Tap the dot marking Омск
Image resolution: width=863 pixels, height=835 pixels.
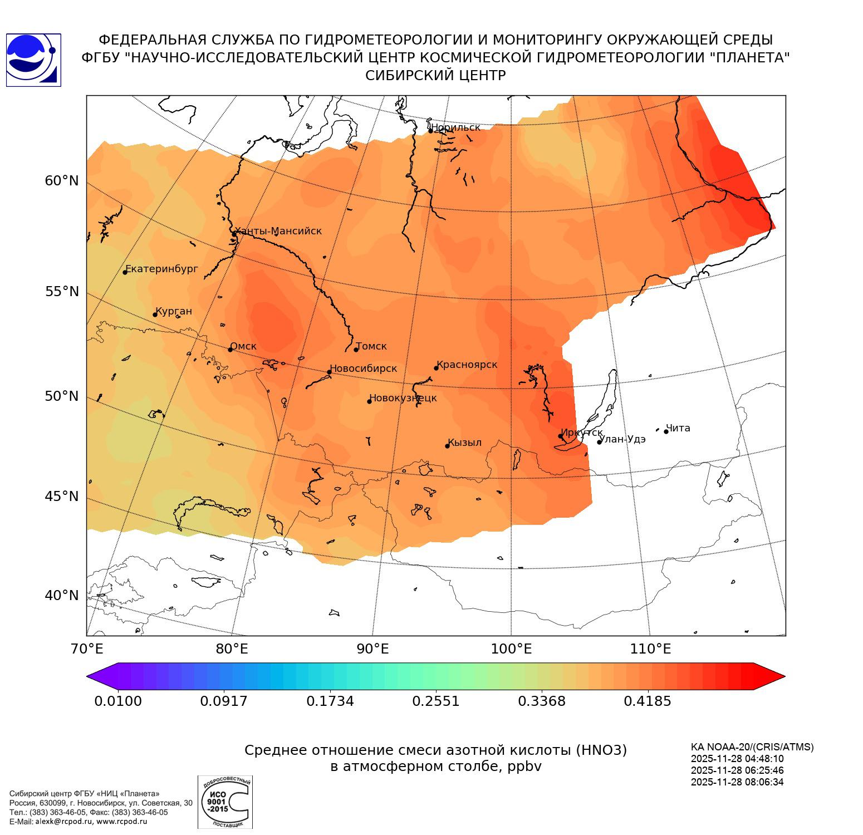tap(230, 350)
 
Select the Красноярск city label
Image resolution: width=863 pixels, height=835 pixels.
tap(467, 365)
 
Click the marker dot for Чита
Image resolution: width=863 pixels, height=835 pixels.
tap(666, 431)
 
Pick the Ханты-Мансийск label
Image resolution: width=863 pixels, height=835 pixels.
tap(278, 231)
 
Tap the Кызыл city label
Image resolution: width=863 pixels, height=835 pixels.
tap(465, 443)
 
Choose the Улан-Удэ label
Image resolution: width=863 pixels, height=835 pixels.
tap(622, 439)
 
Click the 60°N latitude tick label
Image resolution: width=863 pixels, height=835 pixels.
tap(62, 180)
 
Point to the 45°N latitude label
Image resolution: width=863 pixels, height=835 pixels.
tap(62, 495)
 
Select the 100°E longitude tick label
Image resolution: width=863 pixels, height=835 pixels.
tap(511, 649)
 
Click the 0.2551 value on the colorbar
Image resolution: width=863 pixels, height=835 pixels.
tap(436, 701)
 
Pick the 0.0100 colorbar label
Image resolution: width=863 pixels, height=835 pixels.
tap(118, 701)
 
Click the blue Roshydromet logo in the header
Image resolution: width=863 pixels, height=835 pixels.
tap(33, 60)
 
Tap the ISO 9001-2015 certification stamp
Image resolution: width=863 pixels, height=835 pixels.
tap(225, 802)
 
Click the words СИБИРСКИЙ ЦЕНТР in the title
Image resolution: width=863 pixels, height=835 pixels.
tap(435, 76)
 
